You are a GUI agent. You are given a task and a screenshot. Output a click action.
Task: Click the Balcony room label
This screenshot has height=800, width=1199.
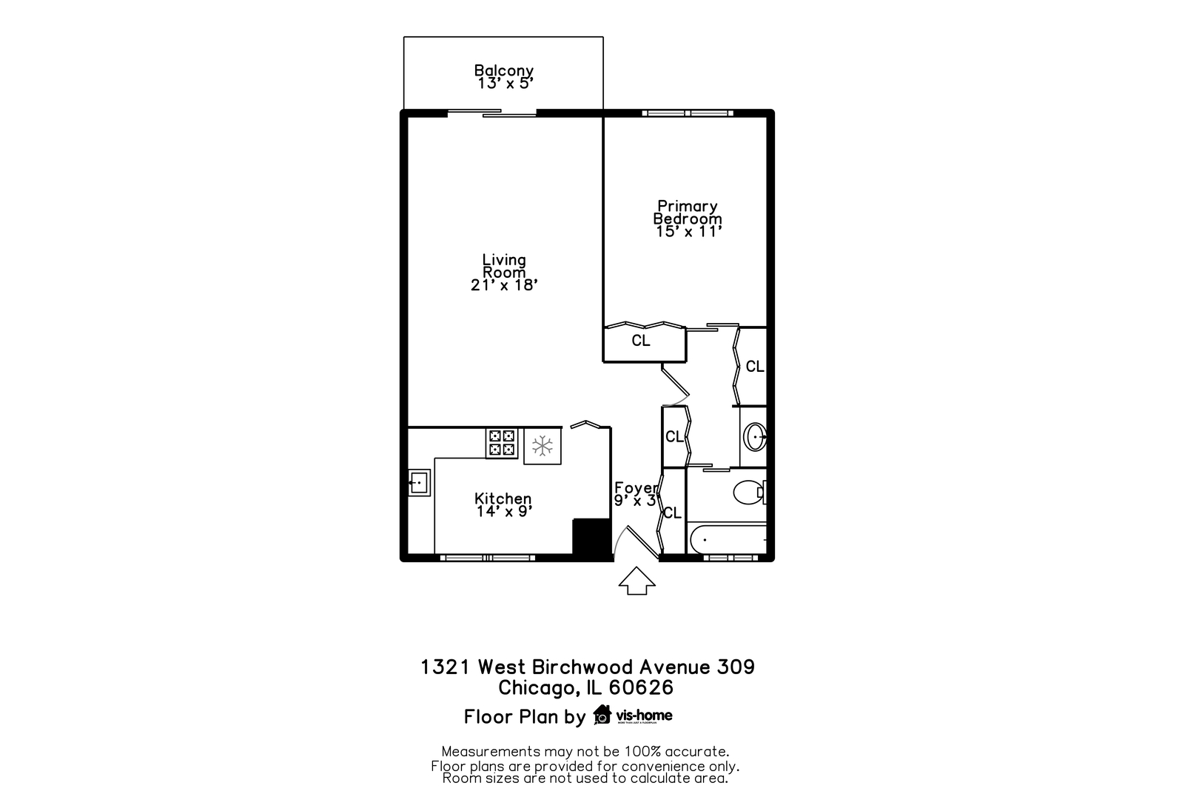503,71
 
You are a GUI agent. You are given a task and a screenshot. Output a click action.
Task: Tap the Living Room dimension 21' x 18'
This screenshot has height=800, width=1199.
503,285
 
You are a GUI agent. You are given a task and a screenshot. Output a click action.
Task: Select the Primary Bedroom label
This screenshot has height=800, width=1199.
687,212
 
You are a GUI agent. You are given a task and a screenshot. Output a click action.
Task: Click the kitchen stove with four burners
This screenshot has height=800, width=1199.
501,442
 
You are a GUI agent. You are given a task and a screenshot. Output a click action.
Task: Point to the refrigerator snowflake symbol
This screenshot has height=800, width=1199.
543,446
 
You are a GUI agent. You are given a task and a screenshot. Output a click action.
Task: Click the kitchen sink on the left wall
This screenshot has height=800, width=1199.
418,483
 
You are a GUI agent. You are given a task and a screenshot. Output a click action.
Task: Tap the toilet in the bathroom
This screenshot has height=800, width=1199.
749,491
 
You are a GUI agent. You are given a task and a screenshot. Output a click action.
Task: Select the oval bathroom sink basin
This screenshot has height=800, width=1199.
755,437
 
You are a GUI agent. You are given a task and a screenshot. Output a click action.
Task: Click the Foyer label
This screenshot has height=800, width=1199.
635,487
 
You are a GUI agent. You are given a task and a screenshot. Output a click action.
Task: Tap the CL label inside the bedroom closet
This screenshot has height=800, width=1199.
641,341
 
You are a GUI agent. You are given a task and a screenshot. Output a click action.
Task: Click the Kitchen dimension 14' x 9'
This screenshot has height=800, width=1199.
503,512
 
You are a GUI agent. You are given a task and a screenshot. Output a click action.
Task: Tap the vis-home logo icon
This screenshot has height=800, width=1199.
602,715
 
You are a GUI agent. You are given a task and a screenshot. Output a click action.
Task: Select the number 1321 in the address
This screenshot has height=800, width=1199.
446,667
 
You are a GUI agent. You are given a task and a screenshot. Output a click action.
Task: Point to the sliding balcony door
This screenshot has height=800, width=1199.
492,113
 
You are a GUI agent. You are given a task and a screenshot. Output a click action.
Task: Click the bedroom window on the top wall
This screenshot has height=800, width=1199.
688,113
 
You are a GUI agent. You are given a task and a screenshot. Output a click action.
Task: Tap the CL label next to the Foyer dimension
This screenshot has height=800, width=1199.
672,513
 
